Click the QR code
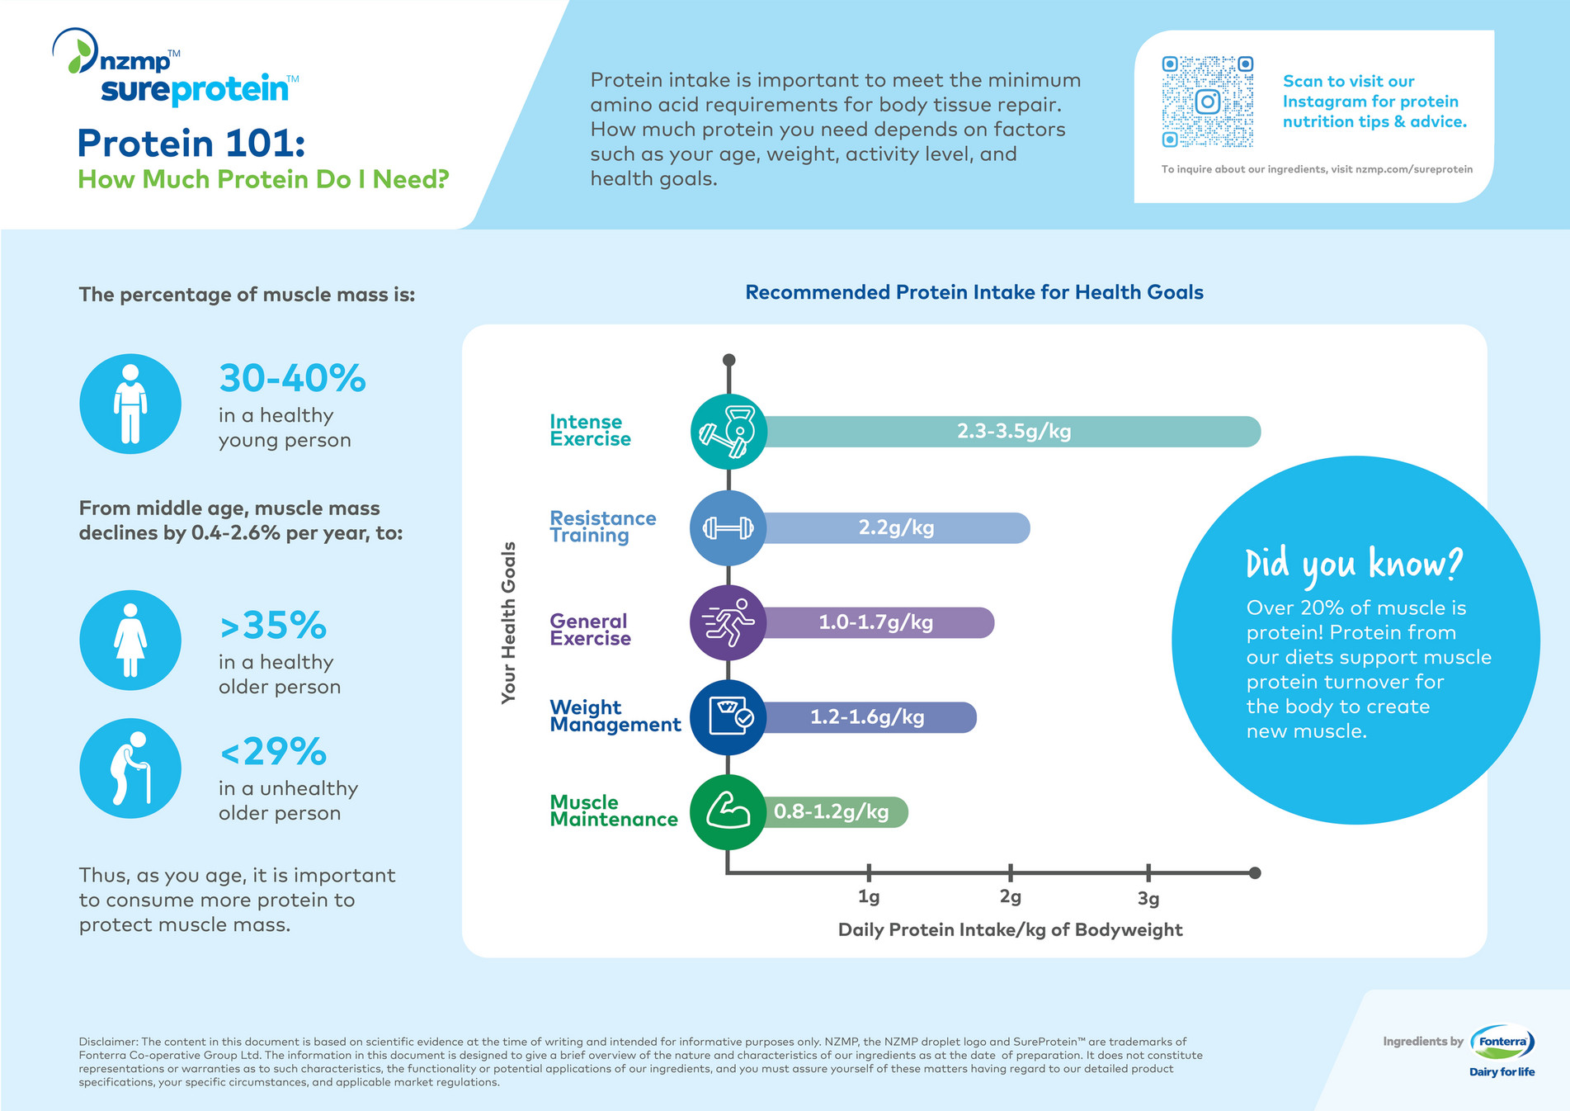(1207, 102)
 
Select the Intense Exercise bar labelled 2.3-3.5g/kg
(1013, 432)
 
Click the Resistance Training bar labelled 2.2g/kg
(896, 528)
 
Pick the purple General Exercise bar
(876, 622)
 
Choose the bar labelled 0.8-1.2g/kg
(832, 812)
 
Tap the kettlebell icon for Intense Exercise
(728, 432)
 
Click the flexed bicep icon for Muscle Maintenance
(728, 812)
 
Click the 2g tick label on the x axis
(1010, 897)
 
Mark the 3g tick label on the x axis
(1148, 898)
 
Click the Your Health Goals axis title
(508, 622)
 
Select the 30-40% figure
(292, 379)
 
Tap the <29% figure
(273, 752)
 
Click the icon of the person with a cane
(130, 768)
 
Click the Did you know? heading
(1353, 564)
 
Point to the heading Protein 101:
(191, 144)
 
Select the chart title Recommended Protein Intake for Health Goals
(974, 292)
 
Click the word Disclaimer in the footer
(108, 1042)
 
